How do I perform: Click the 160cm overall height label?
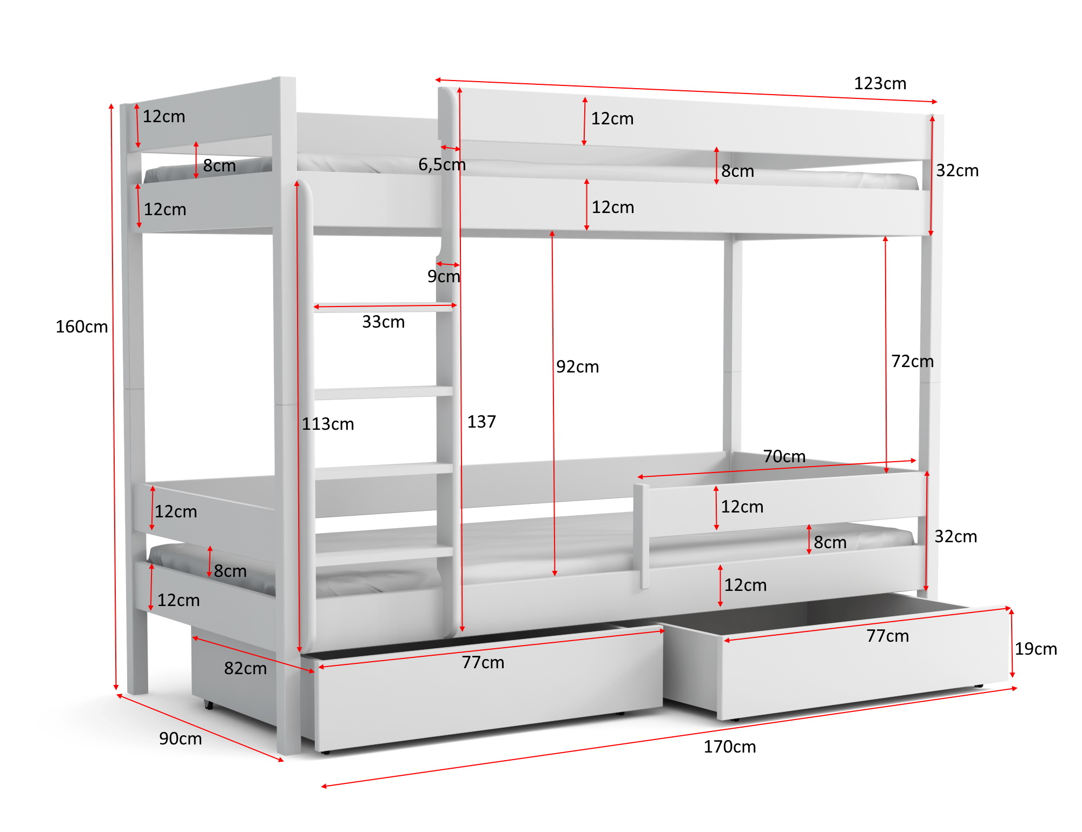82,327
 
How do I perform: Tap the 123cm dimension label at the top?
880,83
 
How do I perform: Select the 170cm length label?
730,747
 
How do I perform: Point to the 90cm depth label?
180,738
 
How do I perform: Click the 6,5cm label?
442,164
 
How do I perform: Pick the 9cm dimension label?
444,276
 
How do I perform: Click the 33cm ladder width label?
384,322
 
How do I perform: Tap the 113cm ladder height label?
328,424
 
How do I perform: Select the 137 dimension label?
481,422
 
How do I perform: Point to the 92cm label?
578,367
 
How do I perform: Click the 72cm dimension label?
913,361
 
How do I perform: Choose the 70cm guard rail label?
784,456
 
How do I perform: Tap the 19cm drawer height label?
1036,649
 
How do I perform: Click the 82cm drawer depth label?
246,668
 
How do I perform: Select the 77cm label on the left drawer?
483,662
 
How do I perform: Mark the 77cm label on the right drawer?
888,636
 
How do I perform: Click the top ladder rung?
384,308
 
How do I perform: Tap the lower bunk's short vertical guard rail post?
642,536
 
